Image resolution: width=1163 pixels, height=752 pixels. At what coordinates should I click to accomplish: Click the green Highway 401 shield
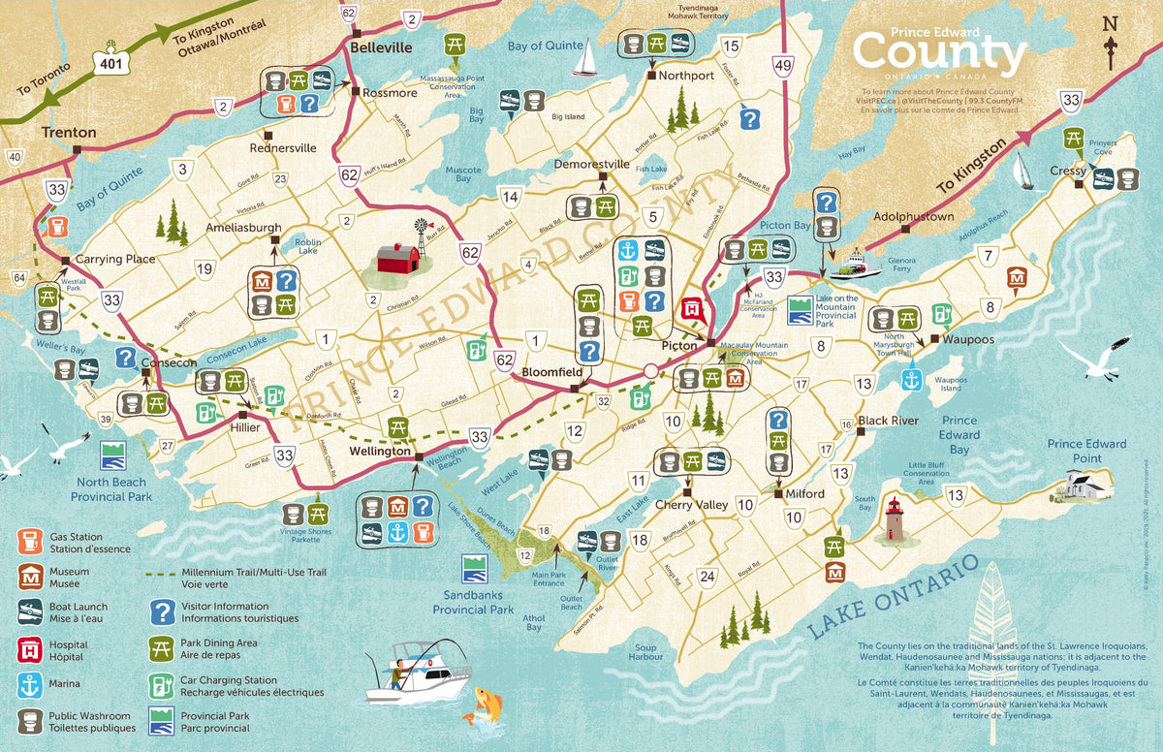pos(110,60)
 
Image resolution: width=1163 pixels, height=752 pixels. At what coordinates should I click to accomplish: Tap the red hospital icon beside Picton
pos(692,309)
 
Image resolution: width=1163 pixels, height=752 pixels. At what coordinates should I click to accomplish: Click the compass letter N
pos(1111,24)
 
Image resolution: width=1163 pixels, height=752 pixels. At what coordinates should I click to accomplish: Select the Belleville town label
pos(381,47)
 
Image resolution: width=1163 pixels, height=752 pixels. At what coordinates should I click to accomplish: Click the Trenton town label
pos(69,132)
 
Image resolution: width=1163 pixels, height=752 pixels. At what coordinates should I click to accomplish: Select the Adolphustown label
pos(914,217)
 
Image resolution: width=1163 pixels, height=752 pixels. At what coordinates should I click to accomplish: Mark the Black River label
pos(888,421)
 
